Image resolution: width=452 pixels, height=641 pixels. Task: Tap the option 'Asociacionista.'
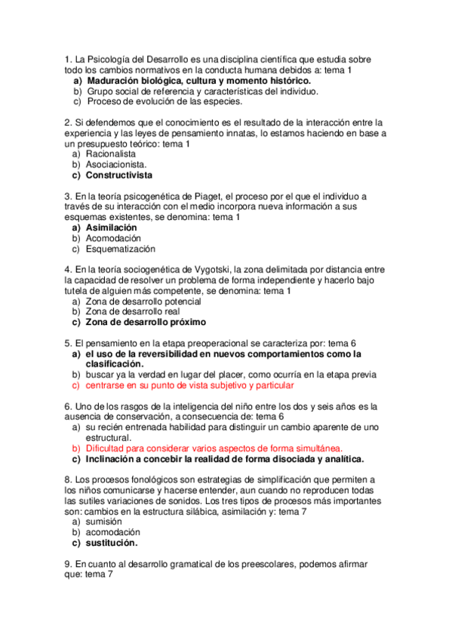116,164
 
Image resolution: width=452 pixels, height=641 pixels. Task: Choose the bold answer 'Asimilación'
112,227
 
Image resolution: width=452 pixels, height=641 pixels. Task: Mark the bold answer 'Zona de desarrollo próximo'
146,322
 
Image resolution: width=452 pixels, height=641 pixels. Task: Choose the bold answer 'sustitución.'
112,542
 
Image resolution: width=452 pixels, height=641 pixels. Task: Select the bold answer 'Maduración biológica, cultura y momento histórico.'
204,80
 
